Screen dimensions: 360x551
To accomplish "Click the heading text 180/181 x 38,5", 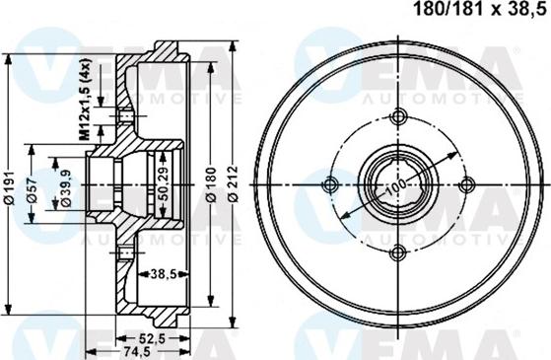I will [471, 13].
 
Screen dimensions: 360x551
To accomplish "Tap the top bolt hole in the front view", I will [398, 117].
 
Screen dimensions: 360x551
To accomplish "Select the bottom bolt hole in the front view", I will [398, 251].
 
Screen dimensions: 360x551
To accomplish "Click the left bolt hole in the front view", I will [331, 184].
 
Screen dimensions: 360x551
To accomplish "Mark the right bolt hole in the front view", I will [464, 184].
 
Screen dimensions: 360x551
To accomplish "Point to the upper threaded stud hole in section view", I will [126, 119].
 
